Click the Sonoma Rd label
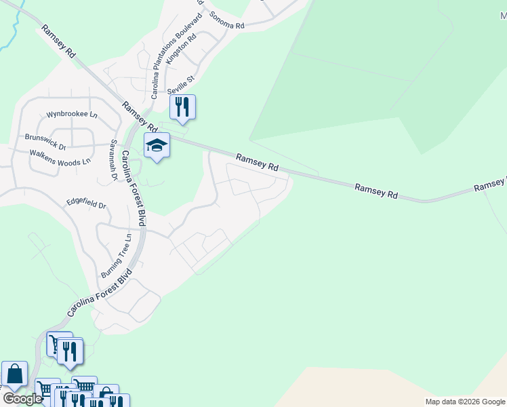point(227,20)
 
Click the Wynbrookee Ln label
point(72,115)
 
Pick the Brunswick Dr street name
point(45,141)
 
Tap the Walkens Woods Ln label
point(60,158)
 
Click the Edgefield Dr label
point(86,203)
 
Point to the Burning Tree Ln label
point(115,256)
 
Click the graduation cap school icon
point(157,145)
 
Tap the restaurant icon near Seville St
point(182,107)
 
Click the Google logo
point(22,399)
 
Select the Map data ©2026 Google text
point(465,402)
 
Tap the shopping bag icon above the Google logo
point(14,374)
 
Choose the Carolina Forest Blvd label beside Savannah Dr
point(134,183)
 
